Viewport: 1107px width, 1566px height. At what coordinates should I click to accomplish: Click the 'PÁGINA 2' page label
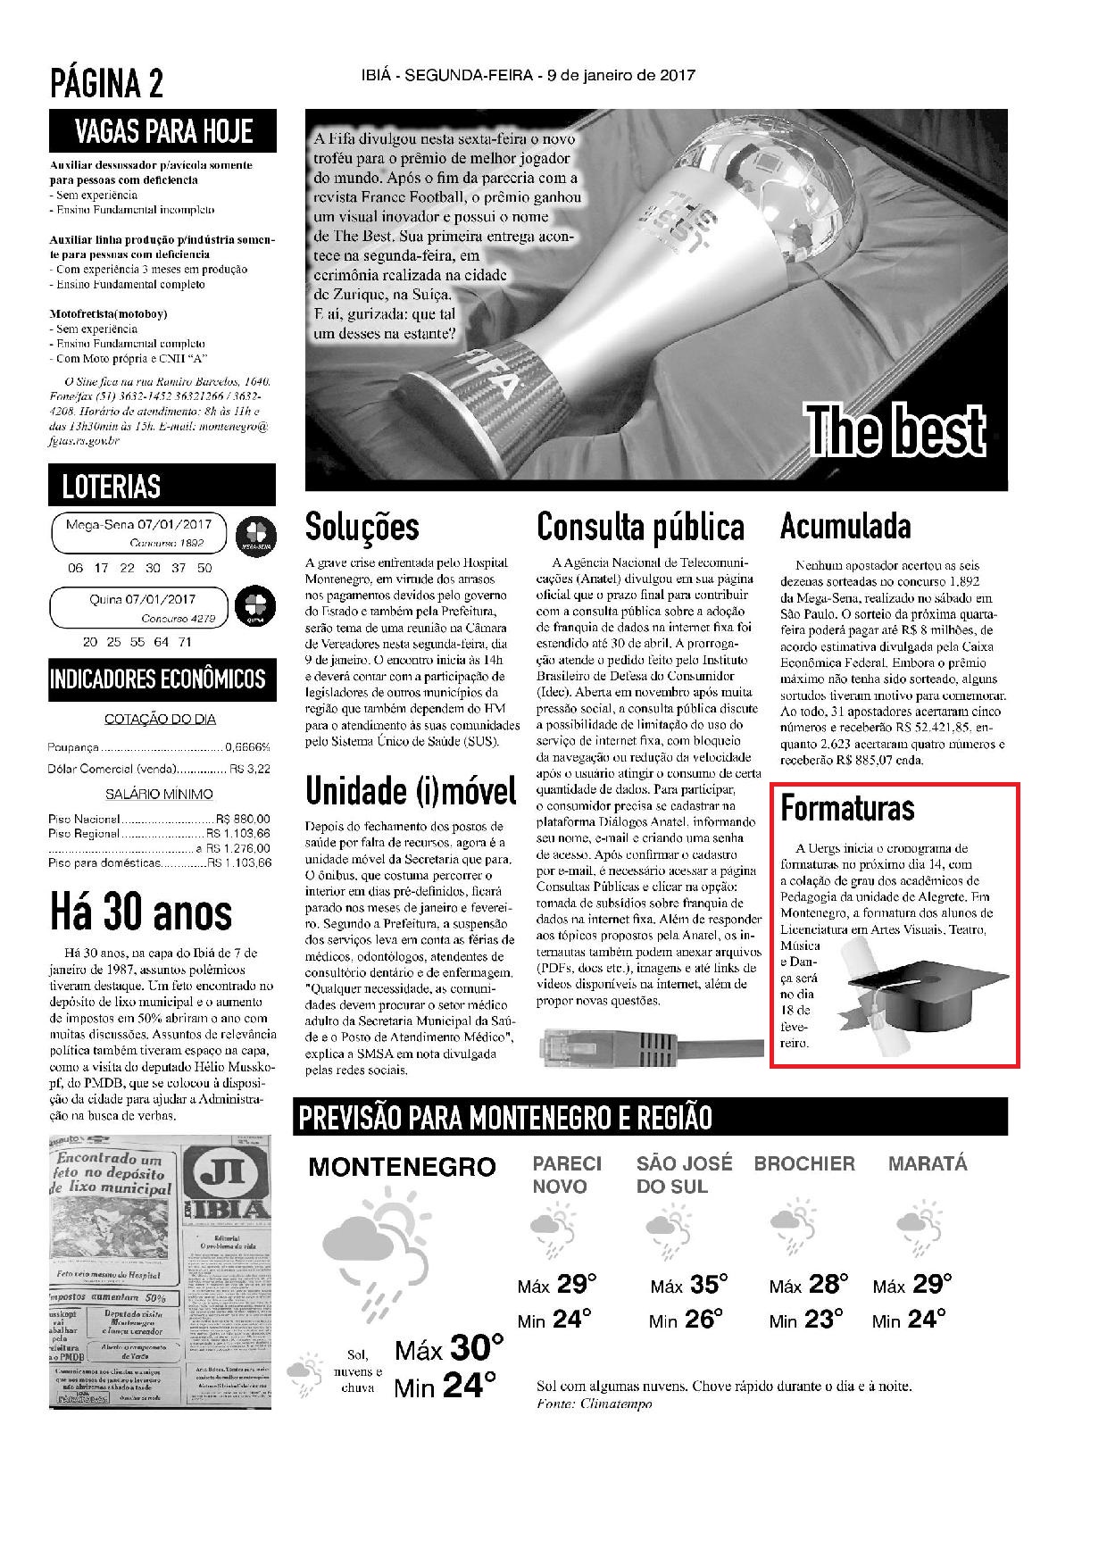[107, 85]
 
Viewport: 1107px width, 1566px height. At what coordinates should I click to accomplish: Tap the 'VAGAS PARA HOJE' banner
[163, 131]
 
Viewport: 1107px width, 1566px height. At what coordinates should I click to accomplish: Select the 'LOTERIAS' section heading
[112, 487]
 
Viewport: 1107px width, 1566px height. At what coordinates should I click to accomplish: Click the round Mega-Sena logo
[254, 534]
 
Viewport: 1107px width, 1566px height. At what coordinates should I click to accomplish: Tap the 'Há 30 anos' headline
[141, 912]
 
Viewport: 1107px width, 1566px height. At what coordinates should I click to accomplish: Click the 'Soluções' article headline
[362, 527]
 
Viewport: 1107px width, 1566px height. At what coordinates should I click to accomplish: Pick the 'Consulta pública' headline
[640, 527]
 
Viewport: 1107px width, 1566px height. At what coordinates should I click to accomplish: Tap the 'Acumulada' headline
[845, 527]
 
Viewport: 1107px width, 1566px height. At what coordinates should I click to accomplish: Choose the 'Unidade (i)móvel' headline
[411, 790]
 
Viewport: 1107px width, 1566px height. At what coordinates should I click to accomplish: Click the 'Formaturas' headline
[847, 808]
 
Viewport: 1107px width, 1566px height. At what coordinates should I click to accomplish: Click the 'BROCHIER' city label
[804, 1164]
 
